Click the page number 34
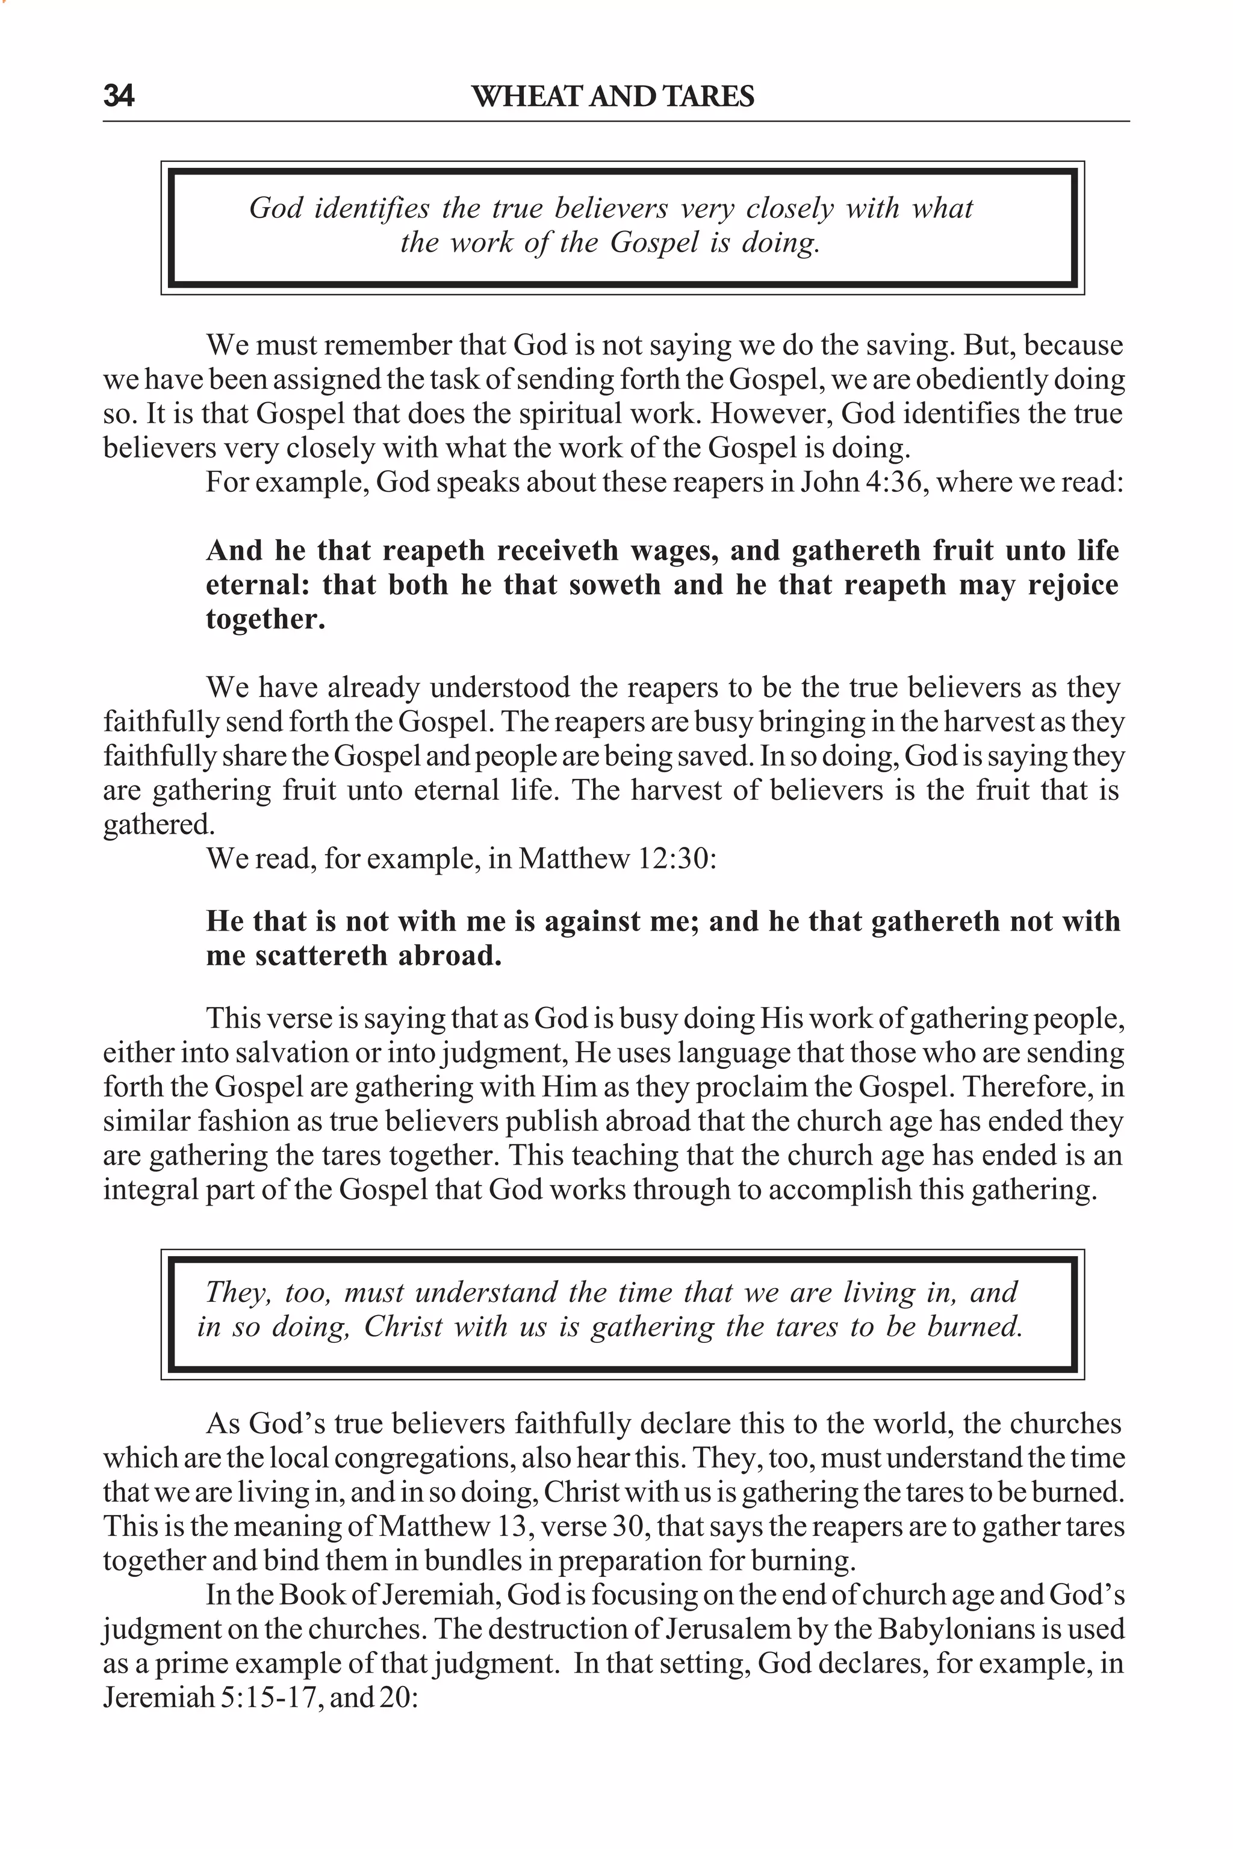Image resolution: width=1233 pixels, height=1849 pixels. pyautogui.click(x=119, y=97)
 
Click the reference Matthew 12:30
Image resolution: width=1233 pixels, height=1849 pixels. pyautogui.click(x=617, y=858)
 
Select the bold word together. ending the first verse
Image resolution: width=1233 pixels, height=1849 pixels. pyautogui.click(x=266, y=619)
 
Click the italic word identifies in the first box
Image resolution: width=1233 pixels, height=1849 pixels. pyautogui.click(x=371, y=208)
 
